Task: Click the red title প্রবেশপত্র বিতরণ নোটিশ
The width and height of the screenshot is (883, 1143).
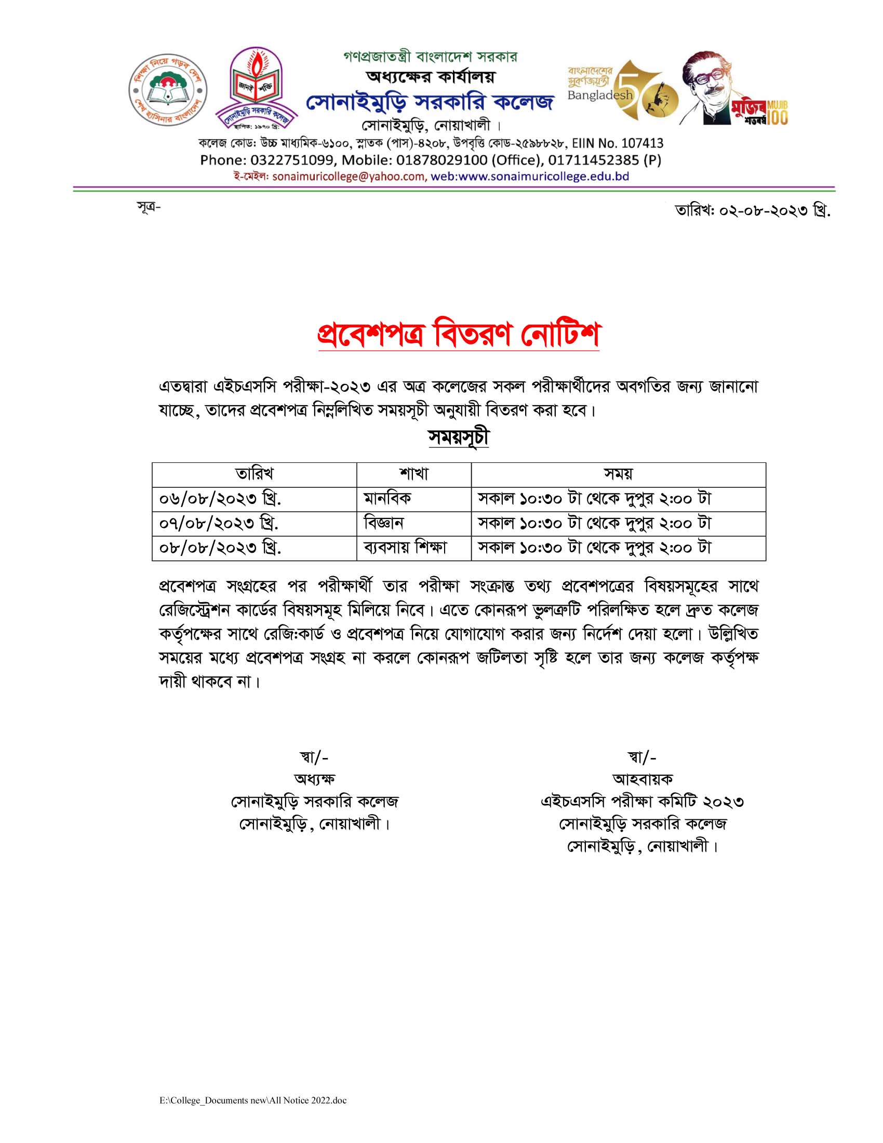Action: click(x=458, y=334)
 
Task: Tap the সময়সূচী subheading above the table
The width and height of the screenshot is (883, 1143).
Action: click(x=458, y=437)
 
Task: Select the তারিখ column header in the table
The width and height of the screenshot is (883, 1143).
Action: click(x=254, y=474)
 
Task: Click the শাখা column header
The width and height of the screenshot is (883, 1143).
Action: click(x=414, y=474)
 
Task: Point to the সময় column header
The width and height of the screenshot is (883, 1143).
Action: click(x=618, y=474)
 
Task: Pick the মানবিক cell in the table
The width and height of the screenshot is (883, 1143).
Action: click(x=387, y=499)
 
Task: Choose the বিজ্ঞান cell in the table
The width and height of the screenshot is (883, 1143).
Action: click(x=383, y=523)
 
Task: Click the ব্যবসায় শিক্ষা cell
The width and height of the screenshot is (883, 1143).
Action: click(x=405, y=548)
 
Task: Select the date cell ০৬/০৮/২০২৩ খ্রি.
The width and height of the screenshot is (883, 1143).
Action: click(x=220, y=499)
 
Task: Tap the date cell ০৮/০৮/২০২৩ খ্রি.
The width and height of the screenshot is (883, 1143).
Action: click(x=220, y=548)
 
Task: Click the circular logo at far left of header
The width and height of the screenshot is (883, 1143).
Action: click(x=167, y=90)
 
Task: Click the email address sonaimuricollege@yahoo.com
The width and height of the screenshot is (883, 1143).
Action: click(x=349, y=176)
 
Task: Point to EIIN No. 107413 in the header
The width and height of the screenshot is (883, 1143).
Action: click(x=617, y=143)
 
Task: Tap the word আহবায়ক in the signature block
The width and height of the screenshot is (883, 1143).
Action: click(x=642, y=779)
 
